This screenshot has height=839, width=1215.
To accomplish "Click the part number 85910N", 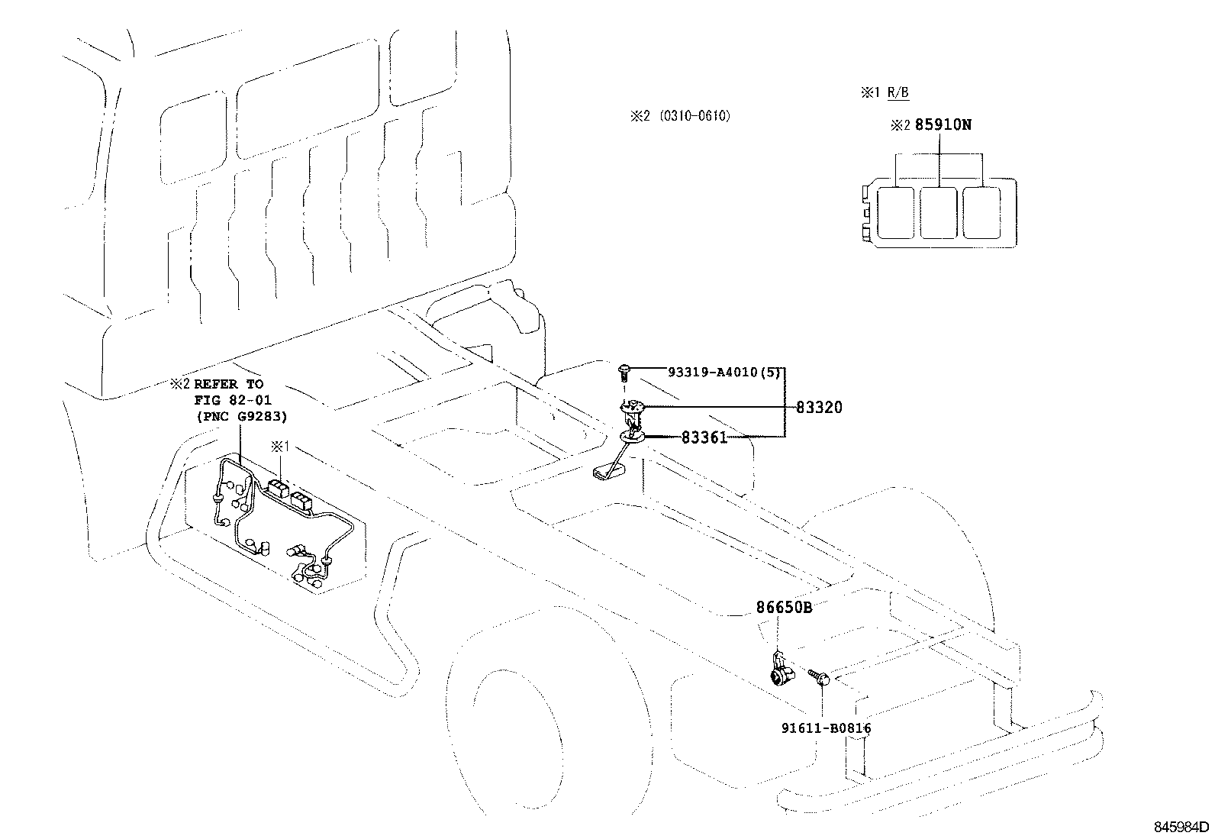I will [x=943, y=124].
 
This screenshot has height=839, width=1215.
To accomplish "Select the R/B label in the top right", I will [x=898, y=93].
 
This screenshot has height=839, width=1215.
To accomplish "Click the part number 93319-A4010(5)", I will [x=722, y=373].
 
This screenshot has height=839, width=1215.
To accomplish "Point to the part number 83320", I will [x=819, y=408].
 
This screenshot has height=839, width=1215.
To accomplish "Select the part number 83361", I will [x=704, y=437].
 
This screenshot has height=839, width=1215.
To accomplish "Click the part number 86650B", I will [x=784, y=608].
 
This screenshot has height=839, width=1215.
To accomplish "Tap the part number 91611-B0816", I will [x=826, y=728].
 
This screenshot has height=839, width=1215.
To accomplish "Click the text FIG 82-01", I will [x=233, y=400].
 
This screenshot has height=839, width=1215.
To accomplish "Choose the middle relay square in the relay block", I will [x=938, y=212].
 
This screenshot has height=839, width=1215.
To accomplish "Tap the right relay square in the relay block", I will [x=981, y=212].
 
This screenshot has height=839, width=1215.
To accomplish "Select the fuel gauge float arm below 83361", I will [x=611, y=468].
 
